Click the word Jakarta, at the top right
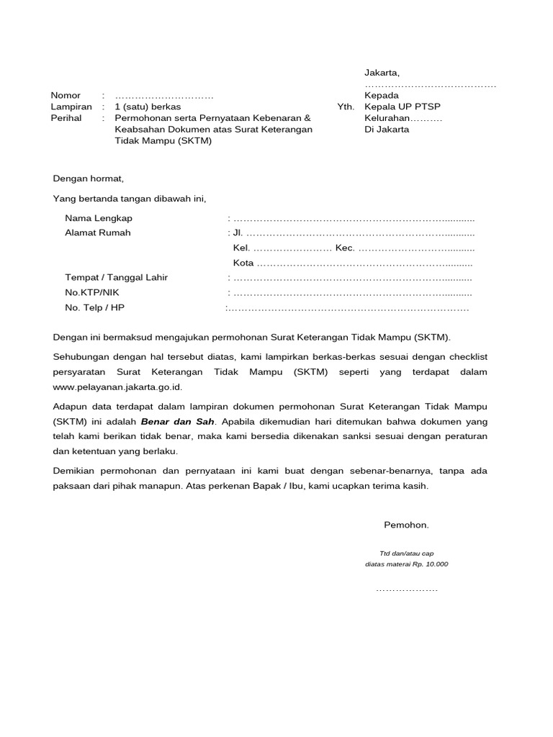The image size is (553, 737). pyautogui.click(x=382, y=73)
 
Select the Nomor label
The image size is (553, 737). pyautogui.click(x=66, y=96)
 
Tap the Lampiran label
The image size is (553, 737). pyautogui.click(x=71, y=107)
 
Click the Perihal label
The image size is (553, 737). pyautogui.click(x=66, y=118)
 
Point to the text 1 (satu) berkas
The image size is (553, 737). pyautogui.click(x=148, y=107)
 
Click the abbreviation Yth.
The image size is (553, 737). pyautogui.click(x=346, y=107)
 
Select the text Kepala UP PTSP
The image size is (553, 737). pyautogui.click(x=403, y=107)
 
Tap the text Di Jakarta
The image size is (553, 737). pyautogui.click(x=387, y=130)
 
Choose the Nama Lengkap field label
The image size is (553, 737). pyautogui.click(x=99, y=218)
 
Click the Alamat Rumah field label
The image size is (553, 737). pyautogui.click(x=98, y=233)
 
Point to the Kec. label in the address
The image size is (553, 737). pyautogui.click(x=345, y=248)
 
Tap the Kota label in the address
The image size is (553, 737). pyautogui.click(x=243, y=263)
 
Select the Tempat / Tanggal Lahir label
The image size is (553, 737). pyautogui.click(x=116, y=278)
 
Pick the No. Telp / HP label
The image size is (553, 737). pyautogui.click(x=94, y=308)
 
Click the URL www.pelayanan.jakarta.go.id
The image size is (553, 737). pyautogui.click(x=117, y=386)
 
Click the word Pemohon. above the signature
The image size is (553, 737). pyautogui.click(x=406, y=525)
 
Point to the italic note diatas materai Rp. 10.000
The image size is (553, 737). pyautogui.click(x=406, y=564)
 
